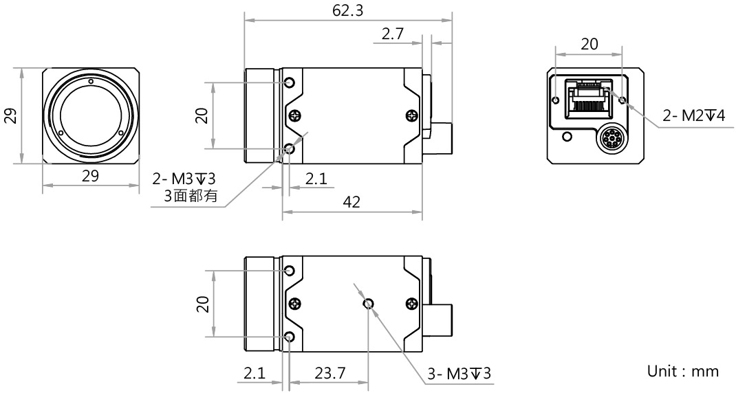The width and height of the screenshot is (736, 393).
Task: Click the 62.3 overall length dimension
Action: pos(348,10)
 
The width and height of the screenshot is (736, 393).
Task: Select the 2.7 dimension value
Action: pos(392,34)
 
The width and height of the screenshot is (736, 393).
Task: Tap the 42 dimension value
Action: pos(351,202)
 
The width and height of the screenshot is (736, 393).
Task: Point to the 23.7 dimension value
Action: pos(330,373)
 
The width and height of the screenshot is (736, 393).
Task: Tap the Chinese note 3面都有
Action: pos(191,196)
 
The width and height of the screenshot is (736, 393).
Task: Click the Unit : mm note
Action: pos(683,372)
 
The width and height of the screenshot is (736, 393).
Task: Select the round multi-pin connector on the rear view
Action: pos(611,139)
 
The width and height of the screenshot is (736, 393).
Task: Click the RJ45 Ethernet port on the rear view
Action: pos(589,100)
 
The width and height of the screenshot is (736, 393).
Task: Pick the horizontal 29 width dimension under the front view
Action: pos(91,176)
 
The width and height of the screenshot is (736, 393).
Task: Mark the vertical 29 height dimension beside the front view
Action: pos(11,116)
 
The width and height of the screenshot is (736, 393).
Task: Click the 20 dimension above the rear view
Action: pos(589,44)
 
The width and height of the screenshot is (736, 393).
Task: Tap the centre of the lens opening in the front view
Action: pos(91,116)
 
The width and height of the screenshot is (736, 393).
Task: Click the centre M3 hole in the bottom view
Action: pos(369,304)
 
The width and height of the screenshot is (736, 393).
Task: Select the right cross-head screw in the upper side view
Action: pos(411,115)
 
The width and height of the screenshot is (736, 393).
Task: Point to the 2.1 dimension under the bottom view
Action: pos(255,373)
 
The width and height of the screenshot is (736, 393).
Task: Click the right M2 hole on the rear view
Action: pos(623,100)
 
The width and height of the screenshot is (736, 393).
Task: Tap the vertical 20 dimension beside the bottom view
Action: pos(202,304)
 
